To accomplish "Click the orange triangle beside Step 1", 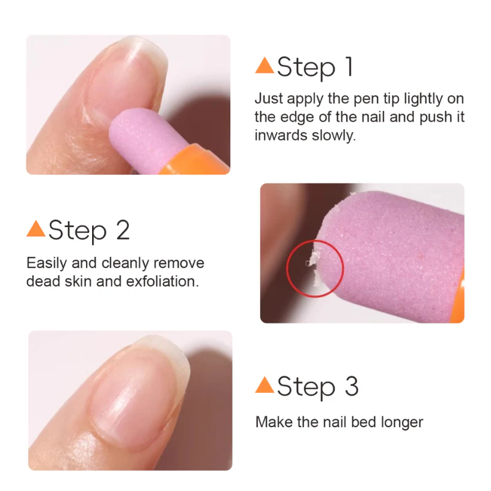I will point(265,66).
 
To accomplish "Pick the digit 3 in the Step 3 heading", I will point(350,387).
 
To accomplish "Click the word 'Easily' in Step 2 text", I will point(45,264).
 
